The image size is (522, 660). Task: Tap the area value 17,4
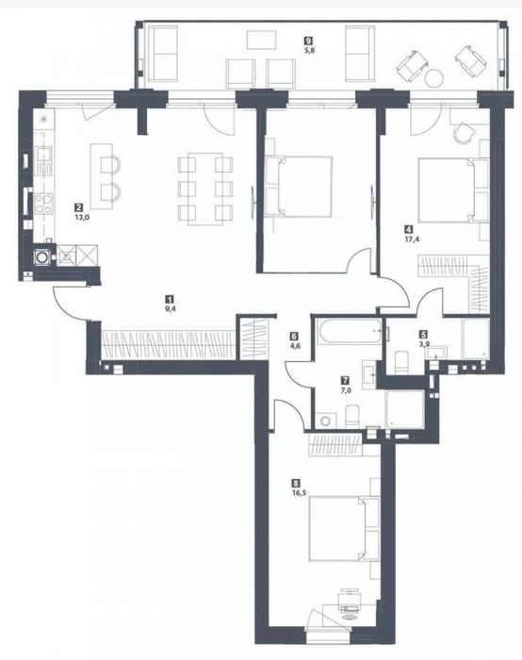click(x=407, y=239)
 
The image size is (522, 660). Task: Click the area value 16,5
click(x=300, y=491)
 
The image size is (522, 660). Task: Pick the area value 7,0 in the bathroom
click(x=346, y=388)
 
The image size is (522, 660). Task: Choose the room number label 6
click(x=294, y=335)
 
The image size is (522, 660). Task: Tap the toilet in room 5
click(x=400, y=359)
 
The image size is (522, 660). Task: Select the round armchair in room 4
click(x=462, y=133)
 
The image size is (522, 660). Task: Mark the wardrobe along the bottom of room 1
click(x=167, y=340)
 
